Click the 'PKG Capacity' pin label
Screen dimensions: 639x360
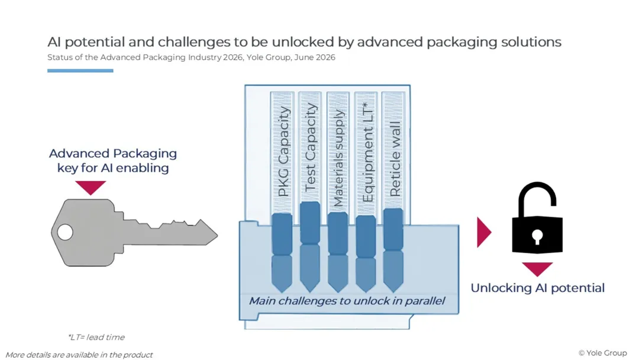point(283,152)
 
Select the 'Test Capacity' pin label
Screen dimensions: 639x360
point(311,147)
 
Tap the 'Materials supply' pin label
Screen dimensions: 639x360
point(338,157)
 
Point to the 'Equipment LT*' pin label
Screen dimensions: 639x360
point(367,152)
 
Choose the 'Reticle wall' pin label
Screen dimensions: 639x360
point(395,159)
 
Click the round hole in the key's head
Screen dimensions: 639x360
point(65,232)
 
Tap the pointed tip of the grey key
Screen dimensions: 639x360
point(217,235)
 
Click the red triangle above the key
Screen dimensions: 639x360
point(91,187)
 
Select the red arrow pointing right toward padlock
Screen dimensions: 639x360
point(484,232)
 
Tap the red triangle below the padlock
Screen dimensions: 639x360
point(537,269)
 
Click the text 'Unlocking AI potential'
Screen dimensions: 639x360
point(537,288)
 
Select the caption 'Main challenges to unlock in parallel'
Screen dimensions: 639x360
point(347,301)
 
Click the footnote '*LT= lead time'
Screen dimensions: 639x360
point(96,337)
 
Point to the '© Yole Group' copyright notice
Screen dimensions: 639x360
point(602,353)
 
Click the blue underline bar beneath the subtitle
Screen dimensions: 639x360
point(80,70)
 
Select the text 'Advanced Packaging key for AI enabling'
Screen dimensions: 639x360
point(113,160)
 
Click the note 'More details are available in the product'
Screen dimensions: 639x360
point(79,355)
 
